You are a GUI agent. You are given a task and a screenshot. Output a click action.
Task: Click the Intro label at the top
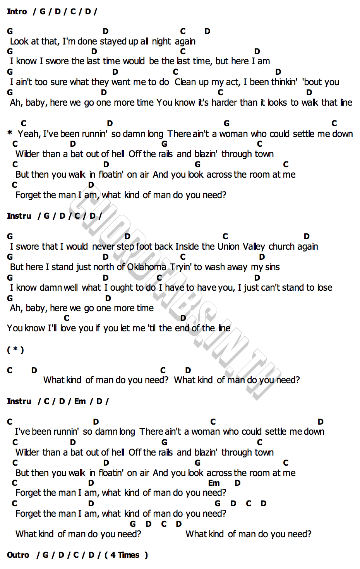click(x=17, y=11)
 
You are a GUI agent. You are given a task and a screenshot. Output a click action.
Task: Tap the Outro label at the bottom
click(x=18, y=555)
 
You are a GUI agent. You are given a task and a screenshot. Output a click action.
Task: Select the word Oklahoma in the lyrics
click(x=147, y=267)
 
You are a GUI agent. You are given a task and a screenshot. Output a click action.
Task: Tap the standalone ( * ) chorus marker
click(x=15, y=350)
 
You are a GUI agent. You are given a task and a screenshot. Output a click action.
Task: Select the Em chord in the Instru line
click(x=80, y=401)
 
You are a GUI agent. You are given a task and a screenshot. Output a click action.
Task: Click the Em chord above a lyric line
click(x=214, y=483)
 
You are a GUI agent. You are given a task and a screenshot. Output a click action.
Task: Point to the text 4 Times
click(x=125, y=555)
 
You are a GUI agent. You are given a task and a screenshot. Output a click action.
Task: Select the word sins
click(x=273, y=267)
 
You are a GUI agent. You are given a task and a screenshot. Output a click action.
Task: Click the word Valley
click(x=254, y=247)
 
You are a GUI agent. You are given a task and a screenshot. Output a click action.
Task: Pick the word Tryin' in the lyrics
click(x=181, y=267)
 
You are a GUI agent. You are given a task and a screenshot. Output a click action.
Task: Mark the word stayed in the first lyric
click(x=113, y=41)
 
